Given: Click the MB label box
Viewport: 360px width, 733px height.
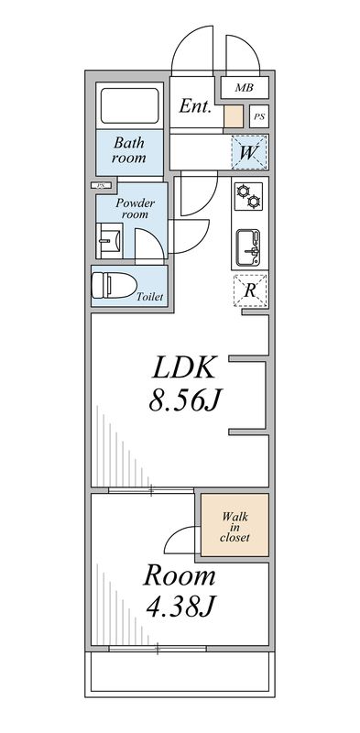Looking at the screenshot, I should pyautogui.click(x=243, y=88).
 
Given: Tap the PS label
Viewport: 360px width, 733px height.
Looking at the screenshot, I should pyautogui.click(x=259, y=116).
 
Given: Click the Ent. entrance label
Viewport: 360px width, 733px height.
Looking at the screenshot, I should pyautogui.click(x=194, y=107).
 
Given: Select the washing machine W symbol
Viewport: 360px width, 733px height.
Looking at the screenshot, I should pyautogui.click(x=247, y=152).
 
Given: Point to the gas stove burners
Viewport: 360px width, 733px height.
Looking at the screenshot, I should pyautogui.click(x=248, y=195).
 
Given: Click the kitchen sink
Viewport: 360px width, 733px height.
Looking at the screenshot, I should pyautogui.click(x=249, y=245).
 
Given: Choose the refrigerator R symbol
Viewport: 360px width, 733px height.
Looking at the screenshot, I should pyautogui.click(x=249, y=290).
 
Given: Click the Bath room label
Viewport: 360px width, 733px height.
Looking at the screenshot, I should pyautogui.click(x=129, y=150).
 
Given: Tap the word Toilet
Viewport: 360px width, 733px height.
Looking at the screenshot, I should pyautogui.click(x=149, y=298).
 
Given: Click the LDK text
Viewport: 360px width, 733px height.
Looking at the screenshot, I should pyautogui.click(x=183, y=368).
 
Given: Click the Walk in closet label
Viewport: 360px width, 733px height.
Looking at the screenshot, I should pyautogui.click(x=235, y=526).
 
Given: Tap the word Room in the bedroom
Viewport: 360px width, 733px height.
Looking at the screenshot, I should pyautogui.click(x=179, y=576).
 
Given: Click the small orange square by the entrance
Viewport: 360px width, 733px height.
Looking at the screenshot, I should pyautogui.click(x=233, y=116).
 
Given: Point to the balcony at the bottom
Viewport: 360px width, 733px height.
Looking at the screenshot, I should pyautogui.click(x=180, y=673).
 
